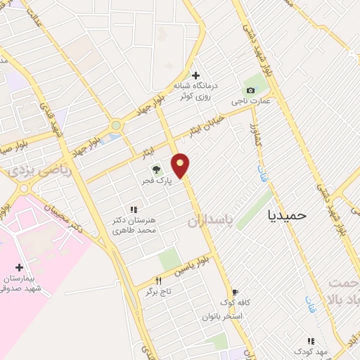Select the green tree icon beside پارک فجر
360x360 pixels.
[156, 169]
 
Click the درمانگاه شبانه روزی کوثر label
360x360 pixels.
[197, 91]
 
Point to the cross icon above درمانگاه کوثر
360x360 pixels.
[195, 75]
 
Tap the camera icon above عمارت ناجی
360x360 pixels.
[251, 90]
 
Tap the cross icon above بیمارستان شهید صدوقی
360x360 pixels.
[19, 267]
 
